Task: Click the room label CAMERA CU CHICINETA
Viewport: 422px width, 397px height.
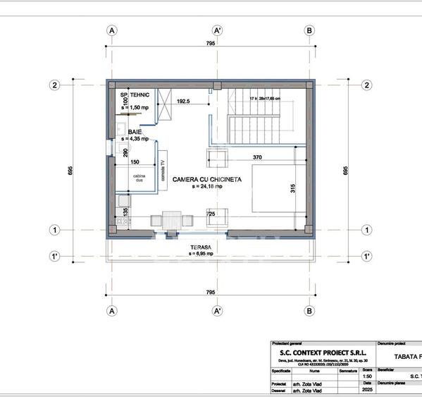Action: pyautogui.click(x=206, y=180)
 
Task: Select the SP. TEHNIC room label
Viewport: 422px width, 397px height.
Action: pyautogui.click(x=135, y=94)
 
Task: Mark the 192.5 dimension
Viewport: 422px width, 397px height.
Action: pyautogui.click(x=183, y=101)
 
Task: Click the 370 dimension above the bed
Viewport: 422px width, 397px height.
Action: pyautogui.click(x=257, y=157)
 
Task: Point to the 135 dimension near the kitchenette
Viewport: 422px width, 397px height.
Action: pyautogui.click(x=126, y=210)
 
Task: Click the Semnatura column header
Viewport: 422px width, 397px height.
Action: pyautogui.click(x=347, y=369)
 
